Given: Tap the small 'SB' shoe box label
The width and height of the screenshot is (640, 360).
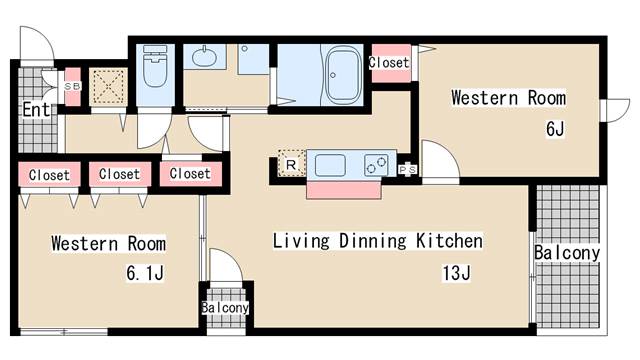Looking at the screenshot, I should click(73, 86).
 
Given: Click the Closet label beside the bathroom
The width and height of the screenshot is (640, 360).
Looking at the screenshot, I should click(388, 62).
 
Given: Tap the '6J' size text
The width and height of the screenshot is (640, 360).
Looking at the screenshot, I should click(555, 129).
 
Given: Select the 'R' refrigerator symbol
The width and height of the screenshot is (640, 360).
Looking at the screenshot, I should click(290, 164).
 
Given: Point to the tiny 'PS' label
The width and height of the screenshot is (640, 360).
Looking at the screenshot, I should click(408, 169).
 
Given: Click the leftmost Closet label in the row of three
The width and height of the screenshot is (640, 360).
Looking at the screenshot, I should click(49, 175).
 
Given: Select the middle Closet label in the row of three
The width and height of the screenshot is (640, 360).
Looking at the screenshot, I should click(119, 174).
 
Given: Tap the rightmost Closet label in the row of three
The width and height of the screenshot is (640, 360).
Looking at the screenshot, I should click(190, 174).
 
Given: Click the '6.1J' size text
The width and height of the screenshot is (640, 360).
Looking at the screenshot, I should click(146, 272).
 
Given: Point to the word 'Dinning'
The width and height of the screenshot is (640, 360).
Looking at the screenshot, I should click(378, 241).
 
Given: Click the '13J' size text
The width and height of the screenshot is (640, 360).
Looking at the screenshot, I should click(454, 272).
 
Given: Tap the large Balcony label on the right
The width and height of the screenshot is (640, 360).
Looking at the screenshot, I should click(567, 253).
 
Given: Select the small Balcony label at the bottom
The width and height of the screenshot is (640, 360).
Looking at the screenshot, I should click(225, 308).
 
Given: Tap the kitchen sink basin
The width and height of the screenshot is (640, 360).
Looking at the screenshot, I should click(329, 162).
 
